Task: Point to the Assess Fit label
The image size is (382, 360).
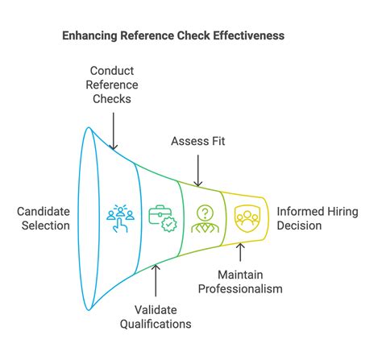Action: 198,142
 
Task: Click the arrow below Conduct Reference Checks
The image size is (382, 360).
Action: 113,130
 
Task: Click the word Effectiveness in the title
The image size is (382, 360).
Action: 242,36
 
